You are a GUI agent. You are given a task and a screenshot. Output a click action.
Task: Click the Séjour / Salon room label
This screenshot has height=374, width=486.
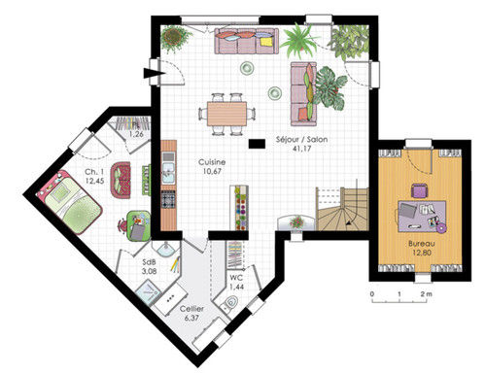(x=301, y=140)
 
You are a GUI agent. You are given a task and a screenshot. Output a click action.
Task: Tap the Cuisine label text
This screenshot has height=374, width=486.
(x=212, y=162)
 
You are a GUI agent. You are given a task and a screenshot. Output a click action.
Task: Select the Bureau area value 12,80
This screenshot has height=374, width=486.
(x=422, y=253)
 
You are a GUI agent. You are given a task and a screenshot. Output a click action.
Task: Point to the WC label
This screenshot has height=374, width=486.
(x=236, y=278)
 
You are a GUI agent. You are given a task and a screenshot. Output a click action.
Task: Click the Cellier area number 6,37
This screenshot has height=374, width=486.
(x=191, y=318)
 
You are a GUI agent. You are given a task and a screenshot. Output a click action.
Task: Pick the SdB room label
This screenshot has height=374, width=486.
(x=150, y=262)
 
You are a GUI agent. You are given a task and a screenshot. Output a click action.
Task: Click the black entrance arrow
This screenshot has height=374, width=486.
(x=155, y=74)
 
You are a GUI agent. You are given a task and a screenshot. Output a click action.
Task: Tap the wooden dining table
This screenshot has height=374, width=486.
(x=226, y=114)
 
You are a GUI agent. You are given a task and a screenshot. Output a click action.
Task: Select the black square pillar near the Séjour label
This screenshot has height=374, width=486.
(x=257, y=144)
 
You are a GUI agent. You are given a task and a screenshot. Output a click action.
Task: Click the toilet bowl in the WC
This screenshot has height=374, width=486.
(x=230, y=303)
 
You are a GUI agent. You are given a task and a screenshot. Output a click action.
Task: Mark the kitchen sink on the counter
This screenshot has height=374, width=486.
(x=168, y=172)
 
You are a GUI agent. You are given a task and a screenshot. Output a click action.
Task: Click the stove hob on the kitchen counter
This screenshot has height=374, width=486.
(x=168, y=199)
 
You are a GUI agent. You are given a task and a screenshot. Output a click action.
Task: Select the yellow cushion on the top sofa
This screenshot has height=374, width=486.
(x=266, y=42)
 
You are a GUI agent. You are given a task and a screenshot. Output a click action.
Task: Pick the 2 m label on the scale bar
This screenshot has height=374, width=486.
(x=426, y=294)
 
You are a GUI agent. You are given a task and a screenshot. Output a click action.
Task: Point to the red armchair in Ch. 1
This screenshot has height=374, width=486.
(x=121, y=180)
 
